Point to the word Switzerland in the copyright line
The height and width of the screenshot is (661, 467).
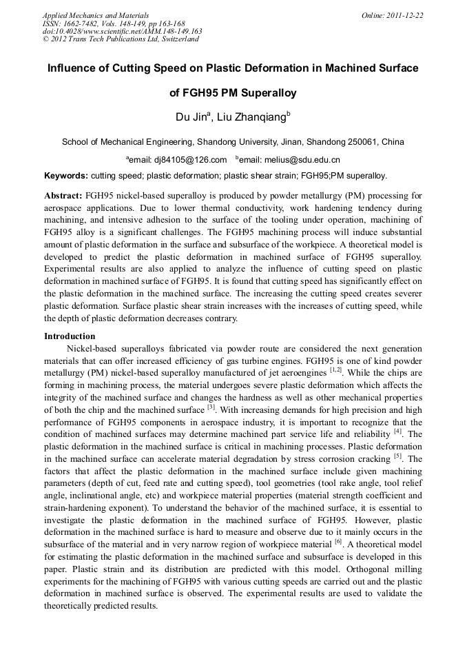179,39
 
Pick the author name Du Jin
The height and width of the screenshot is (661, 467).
191,118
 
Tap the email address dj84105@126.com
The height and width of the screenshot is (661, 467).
179,160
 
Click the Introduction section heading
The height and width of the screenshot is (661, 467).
70,336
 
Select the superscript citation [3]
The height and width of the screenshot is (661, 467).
211,407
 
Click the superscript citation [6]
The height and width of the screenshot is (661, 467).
338,542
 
